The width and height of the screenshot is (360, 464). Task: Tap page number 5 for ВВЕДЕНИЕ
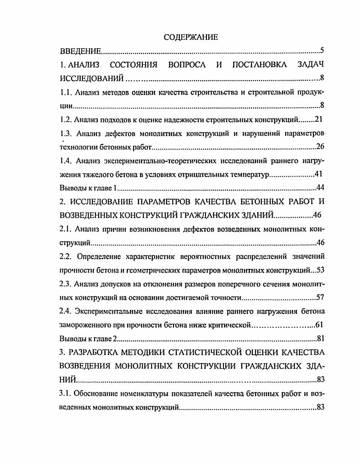pyautogui.click(x=322, y=50)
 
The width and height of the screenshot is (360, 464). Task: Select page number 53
pyautogui.click(x=320, y=270)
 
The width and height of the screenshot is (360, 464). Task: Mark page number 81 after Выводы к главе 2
pyautogui.click(x=320, y=338)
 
